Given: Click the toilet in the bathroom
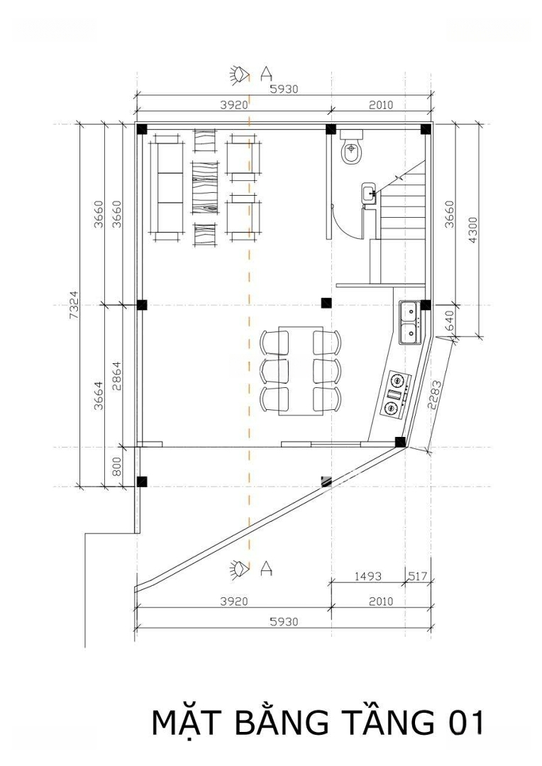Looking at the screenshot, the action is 351,147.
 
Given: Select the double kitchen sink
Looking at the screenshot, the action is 410,323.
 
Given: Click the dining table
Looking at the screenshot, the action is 301,371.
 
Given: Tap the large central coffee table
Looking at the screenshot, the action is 205,187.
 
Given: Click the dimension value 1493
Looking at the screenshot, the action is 368,577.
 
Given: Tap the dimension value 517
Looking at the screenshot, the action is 418,577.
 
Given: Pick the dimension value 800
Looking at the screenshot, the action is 116,467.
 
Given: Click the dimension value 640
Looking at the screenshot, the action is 450,321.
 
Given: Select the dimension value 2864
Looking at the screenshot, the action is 116,376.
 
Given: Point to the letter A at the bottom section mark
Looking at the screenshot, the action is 266,568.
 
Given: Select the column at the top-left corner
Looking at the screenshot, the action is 142,130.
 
